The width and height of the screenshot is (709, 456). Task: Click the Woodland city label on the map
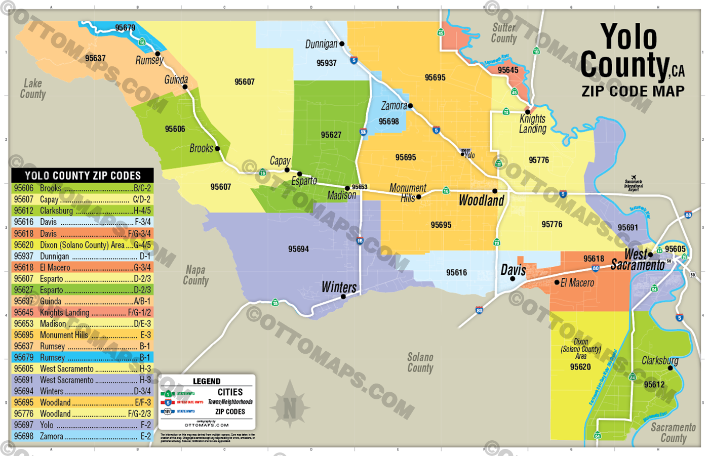click(x=481, y=200)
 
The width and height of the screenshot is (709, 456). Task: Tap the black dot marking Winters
click(x=343, y=297)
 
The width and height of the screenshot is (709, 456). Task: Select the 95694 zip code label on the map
click(x=298, y=249)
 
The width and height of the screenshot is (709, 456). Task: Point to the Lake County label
click(x=33, y=89)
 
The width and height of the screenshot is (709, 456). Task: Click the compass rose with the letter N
click(x=290, y=406)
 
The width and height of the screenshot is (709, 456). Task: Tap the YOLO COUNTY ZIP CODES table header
click(x=83, y=176)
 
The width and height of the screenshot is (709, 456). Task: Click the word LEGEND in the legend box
click(x=207, y=381)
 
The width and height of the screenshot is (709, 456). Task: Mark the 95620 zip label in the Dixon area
click(x=580, y=367)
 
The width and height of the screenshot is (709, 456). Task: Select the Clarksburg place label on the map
click(x=660, y=360)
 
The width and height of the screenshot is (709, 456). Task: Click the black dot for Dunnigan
click(x=342, y=44)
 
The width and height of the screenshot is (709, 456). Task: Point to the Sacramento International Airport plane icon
click(x=633, y=177)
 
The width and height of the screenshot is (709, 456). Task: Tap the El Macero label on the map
click(x=577, y=283)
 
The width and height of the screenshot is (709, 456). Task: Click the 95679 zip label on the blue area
click(x=125, y=28)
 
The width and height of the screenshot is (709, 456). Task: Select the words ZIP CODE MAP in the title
click(x=633, y=91)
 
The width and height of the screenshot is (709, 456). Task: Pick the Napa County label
click(x=195, y=275)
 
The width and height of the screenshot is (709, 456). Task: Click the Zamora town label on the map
click(x=394, y=106)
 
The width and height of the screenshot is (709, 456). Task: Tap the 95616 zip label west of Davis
click(x=456, y=272)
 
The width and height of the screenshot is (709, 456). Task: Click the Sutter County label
click(x=504, y=33)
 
